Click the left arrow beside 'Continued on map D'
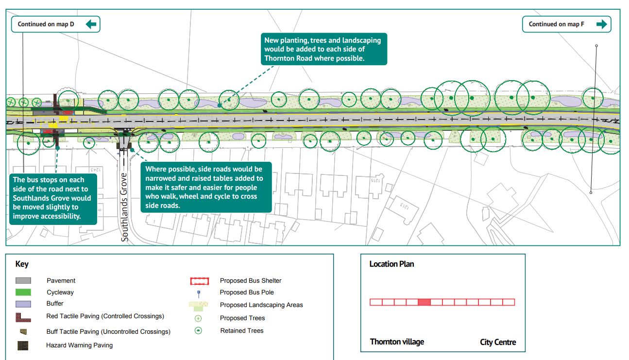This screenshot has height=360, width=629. click(x=91, y=24)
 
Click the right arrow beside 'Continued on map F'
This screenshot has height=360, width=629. click(x=601, y=24)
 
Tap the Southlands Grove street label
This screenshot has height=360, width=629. click(x=125, y=206)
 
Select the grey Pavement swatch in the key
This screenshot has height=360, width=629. click(x=23, y=280)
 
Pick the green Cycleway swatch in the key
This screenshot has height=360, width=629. click(x=23, y=292)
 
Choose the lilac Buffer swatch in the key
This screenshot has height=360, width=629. click(x=23, y=304)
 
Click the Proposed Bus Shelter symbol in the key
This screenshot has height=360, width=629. click(x=199, y=281)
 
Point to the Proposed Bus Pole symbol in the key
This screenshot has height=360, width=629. click(x=198, y=293)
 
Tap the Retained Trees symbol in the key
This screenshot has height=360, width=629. click(x=198, y=330)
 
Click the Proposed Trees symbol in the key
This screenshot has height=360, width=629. click(x=198, y=318)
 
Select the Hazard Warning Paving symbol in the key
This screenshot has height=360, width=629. click(x=23, y=345)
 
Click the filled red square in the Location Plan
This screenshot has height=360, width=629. click(x=424, y=302)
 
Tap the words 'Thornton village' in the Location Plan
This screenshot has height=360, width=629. click(x=397, y=342)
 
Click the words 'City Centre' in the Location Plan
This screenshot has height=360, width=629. click(x=498, y=342)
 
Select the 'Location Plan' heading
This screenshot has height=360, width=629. click(x=391, y=264)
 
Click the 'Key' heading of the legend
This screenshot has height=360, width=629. click(x=22, y=264)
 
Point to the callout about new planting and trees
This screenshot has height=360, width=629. click(x=323, y=49)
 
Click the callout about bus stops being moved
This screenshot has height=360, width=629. click(x=52, y=198)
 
